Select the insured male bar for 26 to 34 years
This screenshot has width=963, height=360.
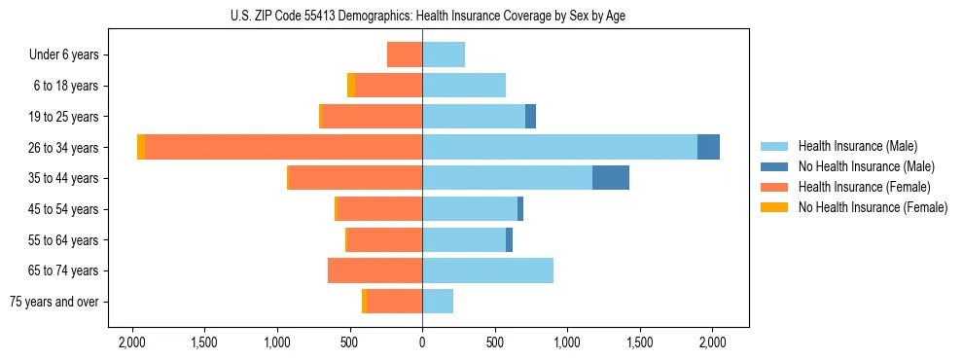pyautogui.click(x=559, y=147)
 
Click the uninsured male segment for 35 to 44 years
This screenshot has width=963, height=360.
pyautogui.click(x=611, y=178)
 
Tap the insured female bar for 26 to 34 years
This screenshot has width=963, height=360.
pyautogui.click(x=283, y=147)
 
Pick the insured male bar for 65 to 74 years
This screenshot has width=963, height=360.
pyautogui.click(x=487, y=270)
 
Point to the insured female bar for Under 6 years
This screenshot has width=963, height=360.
pyautogui.click(x=405, y=54)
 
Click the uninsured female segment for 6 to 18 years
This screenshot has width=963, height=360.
pyautogui.click(x=351, y=86)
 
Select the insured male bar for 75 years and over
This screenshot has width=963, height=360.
pyautogui.click(x=438, y=302)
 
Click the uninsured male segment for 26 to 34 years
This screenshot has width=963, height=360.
pyautogui.click(x=708, y=147)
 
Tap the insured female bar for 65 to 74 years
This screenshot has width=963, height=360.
pyautogui.click(x=374, y=270)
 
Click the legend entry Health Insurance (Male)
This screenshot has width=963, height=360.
pyautogui.click(x=857, y=146)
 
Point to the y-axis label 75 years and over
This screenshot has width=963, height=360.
pyautogui.click(x=54, y=302)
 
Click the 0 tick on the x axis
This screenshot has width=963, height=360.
pyautogui.click(x=422, y=342)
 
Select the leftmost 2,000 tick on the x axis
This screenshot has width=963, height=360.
pyautogui.click(x=131, y=342)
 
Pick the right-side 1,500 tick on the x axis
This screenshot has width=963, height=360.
pyautogui.click(x=640, y=342)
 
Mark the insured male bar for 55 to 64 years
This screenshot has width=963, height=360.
pyautogui.click(x=464, y=239)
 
